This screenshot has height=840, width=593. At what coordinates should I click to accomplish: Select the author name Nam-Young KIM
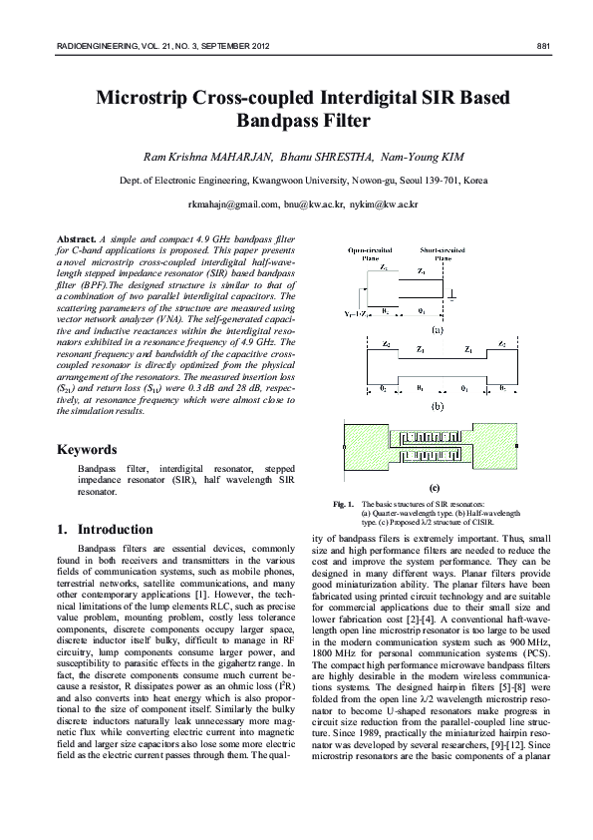tap(403, 157)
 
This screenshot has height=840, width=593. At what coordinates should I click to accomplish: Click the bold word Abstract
tap(77, 240)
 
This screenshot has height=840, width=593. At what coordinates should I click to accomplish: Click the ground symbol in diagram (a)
tap(453, 296)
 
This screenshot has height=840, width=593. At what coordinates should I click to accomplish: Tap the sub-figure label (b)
tap(436, 406)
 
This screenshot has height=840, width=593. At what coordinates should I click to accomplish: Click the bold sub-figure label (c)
tap(434, 487)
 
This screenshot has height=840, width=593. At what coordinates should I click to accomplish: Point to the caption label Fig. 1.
tap(343, 505)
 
